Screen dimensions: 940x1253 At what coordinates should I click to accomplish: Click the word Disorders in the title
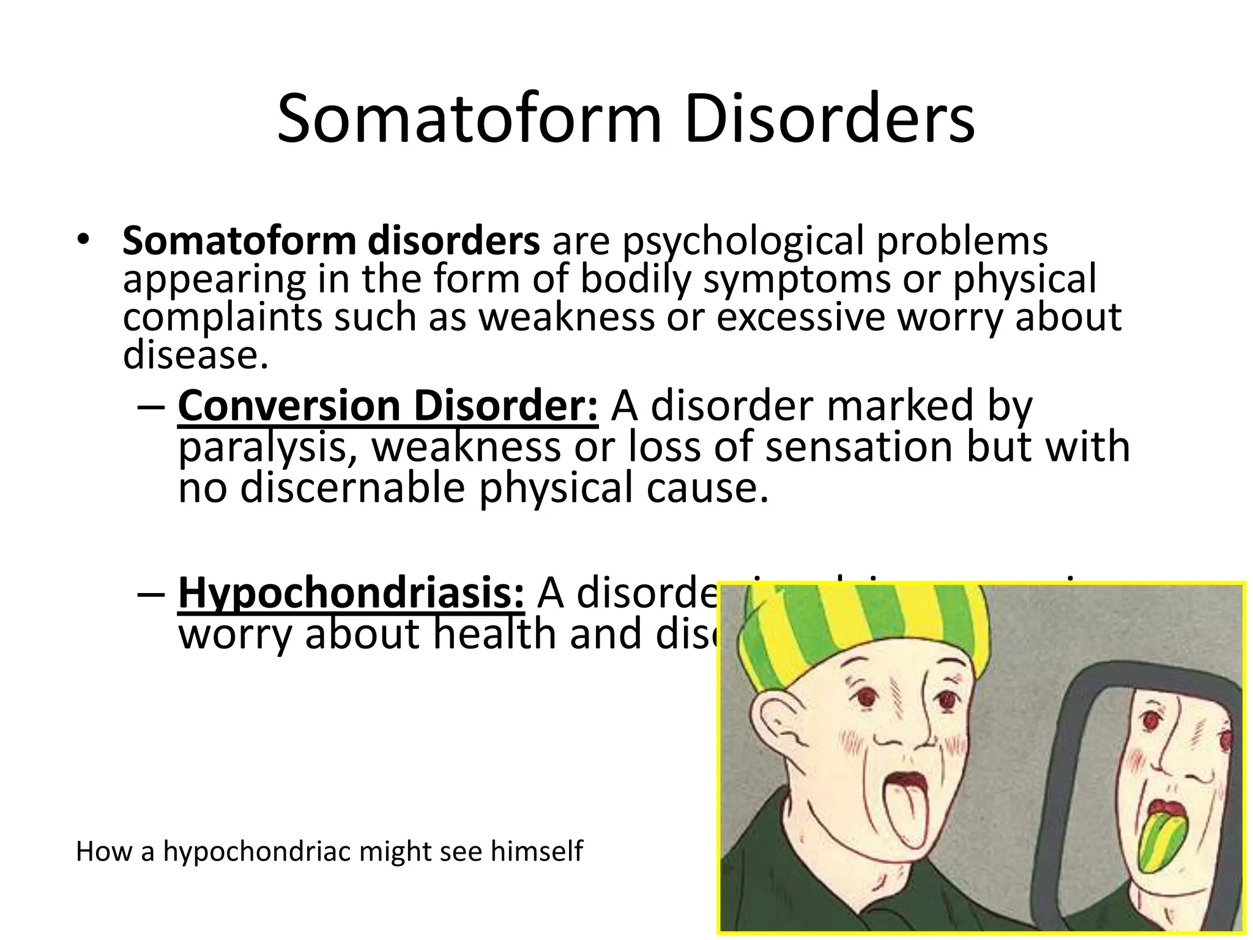(x=829, y=119)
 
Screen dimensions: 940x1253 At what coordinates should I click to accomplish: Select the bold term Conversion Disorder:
(x=388, y=406)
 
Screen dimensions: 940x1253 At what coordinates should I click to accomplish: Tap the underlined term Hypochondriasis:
(x=351, y=592)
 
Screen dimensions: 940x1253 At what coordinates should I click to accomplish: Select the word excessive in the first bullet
(x=800, y=318)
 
